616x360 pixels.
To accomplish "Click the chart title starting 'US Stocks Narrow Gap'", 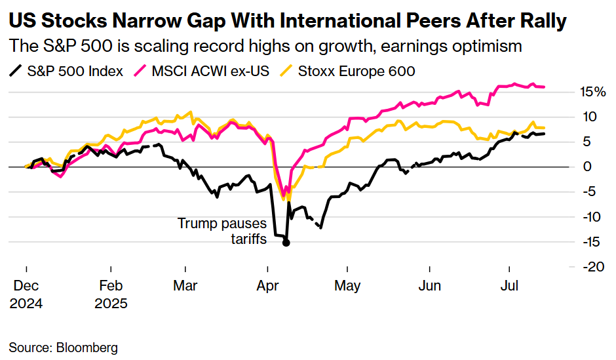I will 287,21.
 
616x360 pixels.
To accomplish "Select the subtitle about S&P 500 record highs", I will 265,47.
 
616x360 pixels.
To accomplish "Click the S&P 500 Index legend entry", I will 67,71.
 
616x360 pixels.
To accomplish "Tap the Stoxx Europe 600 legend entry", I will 348,71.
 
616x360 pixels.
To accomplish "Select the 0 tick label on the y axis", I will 588,167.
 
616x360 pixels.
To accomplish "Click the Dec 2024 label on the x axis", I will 26,295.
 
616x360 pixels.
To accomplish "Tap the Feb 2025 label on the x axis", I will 112,295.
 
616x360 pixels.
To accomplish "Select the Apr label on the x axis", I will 267,287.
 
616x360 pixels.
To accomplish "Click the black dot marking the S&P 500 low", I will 286,243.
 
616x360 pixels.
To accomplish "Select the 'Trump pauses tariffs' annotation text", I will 222,231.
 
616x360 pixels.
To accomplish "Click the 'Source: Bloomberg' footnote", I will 63,347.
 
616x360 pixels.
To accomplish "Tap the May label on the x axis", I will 347,287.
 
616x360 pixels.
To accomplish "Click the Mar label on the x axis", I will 186,287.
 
